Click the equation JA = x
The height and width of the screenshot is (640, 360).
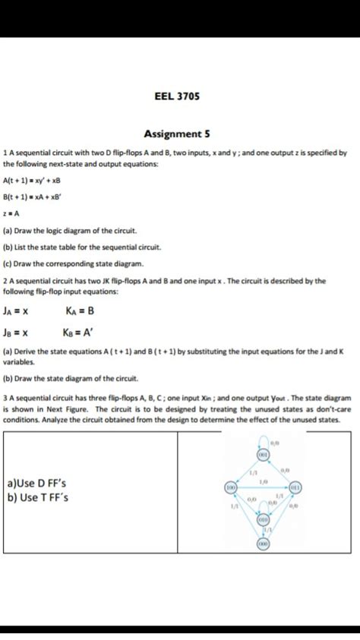(16, 311)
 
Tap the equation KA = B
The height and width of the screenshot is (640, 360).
(80, 311)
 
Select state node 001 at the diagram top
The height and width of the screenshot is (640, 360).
(265, 454)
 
